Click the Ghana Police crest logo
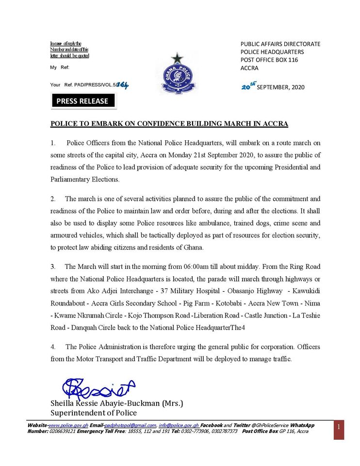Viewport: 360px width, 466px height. (178, 74)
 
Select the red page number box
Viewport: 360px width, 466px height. (339, 430)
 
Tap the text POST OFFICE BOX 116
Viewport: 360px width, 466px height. (269, 60)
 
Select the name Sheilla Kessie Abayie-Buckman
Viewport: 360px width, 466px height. (116, 403)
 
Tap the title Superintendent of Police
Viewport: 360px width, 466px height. (94, 413)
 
